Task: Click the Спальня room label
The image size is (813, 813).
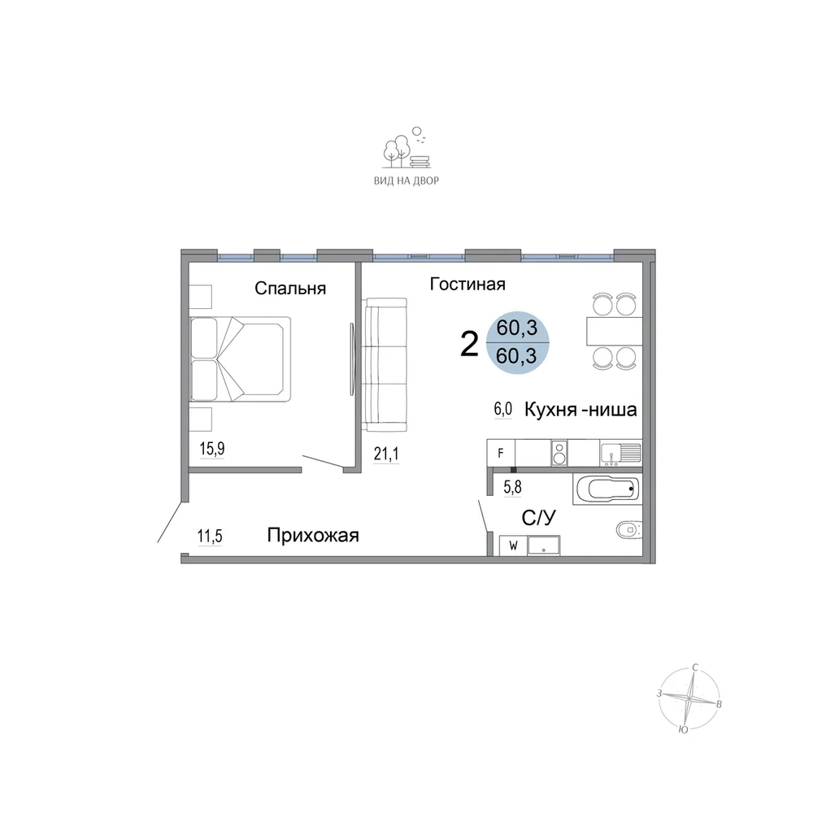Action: (290, 289)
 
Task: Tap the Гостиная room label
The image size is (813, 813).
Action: (467, 284)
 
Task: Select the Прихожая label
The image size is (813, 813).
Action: (313, 535)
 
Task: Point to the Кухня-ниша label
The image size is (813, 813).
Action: (580, 410)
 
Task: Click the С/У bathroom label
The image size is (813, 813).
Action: (539, 517)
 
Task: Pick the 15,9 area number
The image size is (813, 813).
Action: (212, 449)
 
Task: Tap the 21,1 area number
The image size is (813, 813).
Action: (386, 454)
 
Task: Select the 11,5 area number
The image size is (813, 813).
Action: (210, 536)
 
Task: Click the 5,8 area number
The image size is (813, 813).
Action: (512, 487)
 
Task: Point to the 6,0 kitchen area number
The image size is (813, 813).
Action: (503, 409)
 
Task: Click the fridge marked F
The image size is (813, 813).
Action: (501, 453)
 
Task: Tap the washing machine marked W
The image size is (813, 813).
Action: (513, 546)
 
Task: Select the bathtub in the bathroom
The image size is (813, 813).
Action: (607, 489)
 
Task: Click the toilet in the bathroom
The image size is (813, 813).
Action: (629, 530)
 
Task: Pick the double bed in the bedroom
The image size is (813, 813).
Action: (240, 359)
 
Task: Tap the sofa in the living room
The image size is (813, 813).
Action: (385, 364)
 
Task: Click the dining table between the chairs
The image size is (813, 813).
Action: (615, 331)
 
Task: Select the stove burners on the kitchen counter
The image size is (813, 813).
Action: (559, 453)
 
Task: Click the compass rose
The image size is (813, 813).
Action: (689, 699)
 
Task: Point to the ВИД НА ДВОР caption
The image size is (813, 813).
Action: (406, 181)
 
